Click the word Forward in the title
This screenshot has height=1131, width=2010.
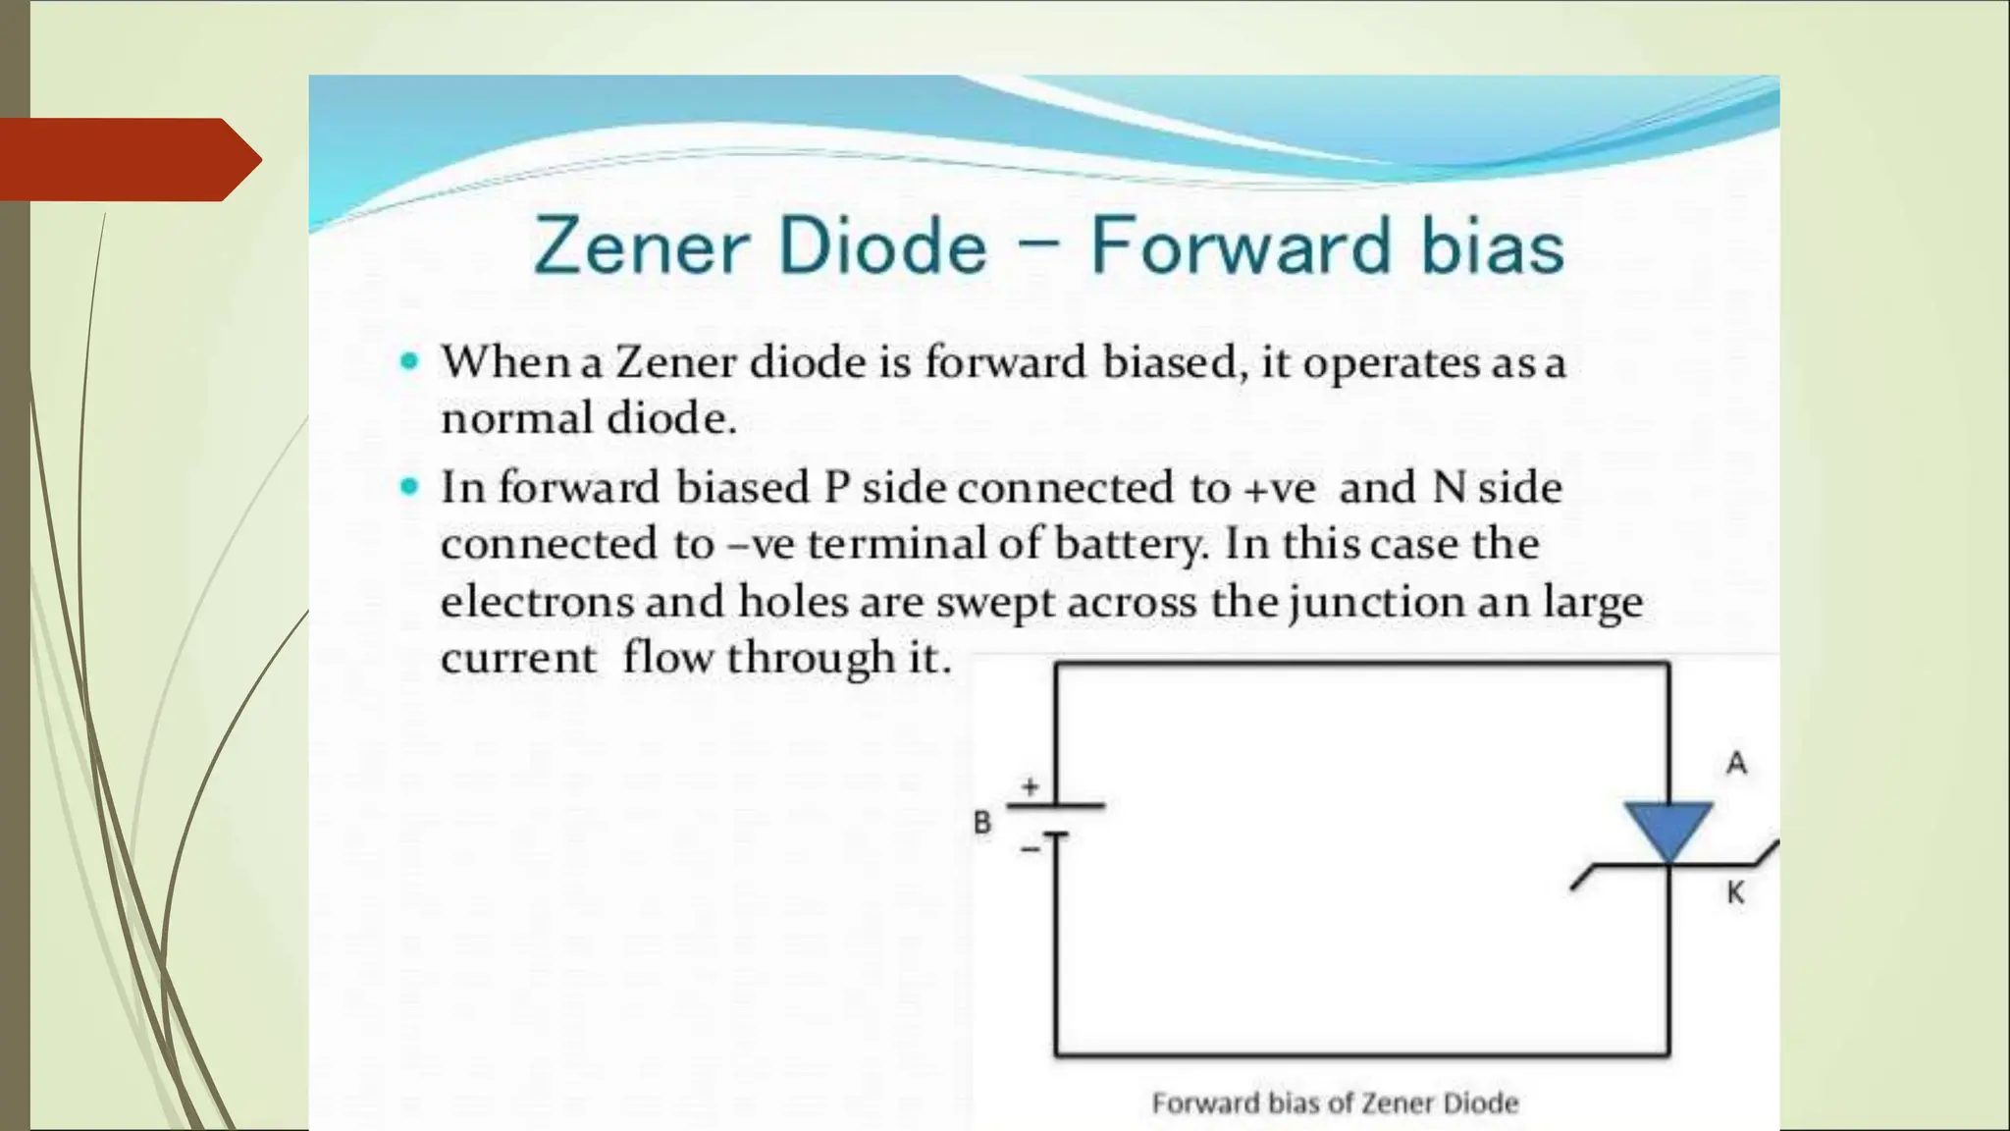(x=1241, y=245)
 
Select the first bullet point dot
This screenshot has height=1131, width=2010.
(x=410, y=361)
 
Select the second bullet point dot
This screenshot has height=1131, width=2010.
(x=410, y=486)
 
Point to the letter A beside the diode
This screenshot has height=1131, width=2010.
(x=1736, y=763)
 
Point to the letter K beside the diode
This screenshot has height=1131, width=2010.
(x=1735, y=892)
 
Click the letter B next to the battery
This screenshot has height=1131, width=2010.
(x=982, y=823)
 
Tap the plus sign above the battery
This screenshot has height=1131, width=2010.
(x=1030, y=786)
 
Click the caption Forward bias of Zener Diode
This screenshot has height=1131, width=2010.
(x=1335, y=1104)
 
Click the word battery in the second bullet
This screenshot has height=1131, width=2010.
(x=1128, y=544)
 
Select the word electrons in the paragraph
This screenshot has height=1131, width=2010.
(x=537, y=601)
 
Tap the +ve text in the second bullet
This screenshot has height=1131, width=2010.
(x=1279, y=488)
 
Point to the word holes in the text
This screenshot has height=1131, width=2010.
(x=793, y=601)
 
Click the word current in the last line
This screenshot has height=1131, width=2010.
(x=518, y=658)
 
